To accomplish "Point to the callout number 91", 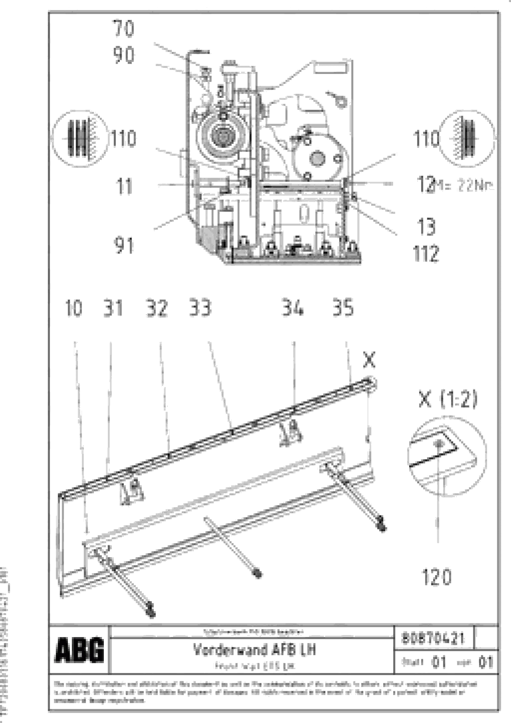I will tap(124, 246).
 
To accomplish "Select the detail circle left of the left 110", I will tap(80, 139).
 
